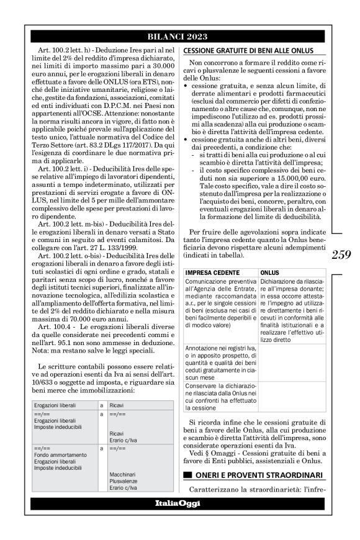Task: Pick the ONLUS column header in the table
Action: click(x=269, y=272)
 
